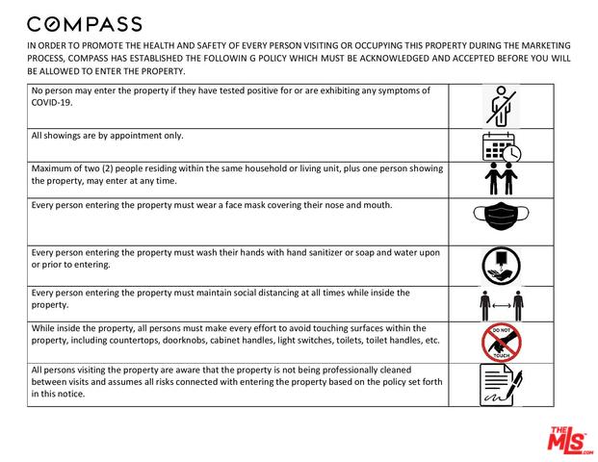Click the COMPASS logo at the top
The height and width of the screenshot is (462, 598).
click(x=84, y=24)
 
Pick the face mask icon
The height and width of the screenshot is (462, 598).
click(x=500, y=220)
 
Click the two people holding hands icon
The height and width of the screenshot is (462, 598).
click(x=500, y=179)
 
